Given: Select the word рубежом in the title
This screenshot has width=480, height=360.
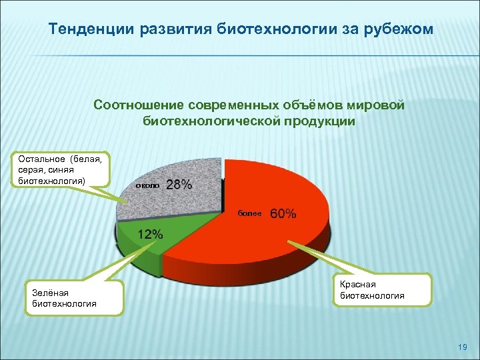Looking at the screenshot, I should pos(405,30).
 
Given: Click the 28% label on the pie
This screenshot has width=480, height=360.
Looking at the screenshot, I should pos(179,185).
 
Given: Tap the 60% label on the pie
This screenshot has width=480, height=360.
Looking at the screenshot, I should pos(283,213).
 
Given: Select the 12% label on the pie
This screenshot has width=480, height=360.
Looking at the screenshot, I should pos(150,234).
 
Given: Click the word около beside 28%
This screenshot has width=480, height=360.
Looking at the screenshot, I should pos(147,186).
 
